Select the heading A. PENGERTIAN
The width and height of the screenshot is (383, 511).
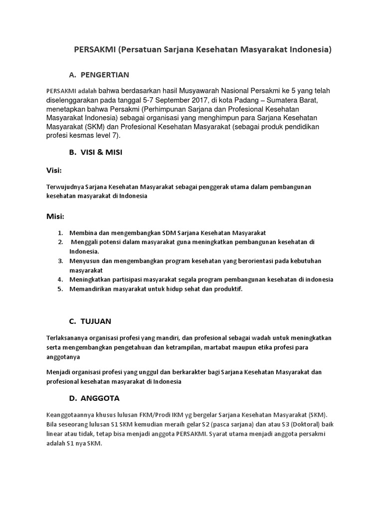click(x=99, y=75)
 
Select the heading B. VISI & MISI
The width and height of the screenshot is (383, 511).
click(x=95, y=153)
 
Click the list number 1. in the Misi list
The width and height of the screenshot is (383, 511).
click(x=60, y=233)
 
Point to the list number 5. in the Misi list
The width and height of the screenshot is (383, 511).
click(x=60, y=289)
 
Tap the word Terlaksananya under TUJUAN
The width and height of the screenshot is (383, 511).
click(x=67, y=338)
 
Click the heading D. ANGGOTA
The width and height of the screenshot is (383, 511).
click(x=94, y=398)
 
